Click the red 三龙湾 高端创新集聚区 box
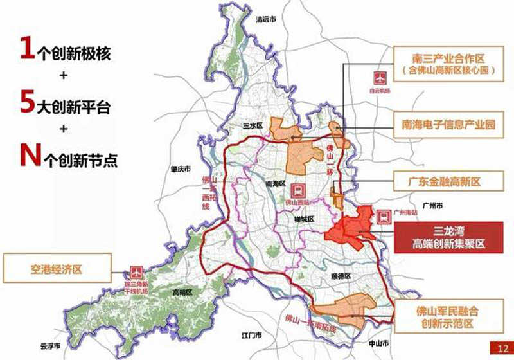pos(453,237)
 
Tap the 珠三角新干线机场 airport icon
pos(136,271)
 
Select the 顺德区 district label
pos(344,276)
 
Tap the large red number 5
pos(27,103)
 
